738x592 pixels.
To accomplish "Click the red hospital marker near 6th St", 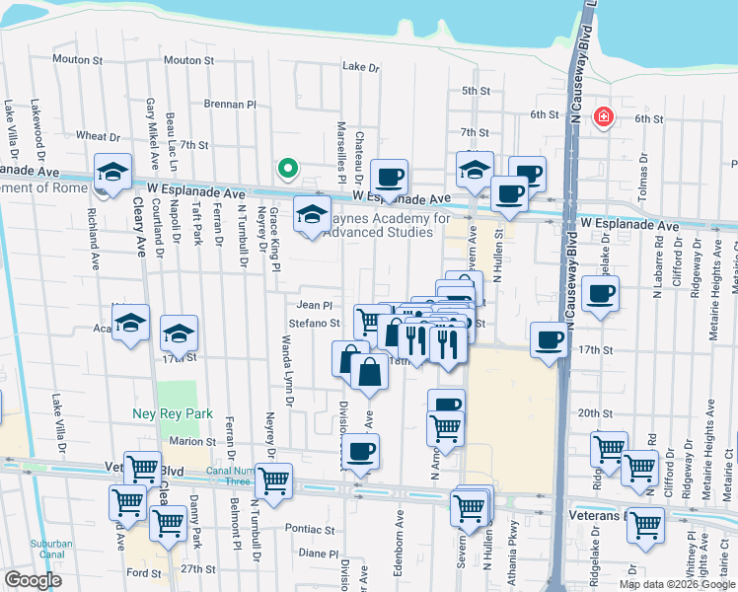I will point(601,118).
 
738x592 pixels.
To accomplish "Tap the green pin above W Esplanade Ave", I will point(287,170).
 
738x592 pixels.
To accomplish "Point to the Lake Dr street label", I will point(360,67).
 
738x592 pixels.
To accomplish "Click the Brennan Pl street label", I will point(230,104).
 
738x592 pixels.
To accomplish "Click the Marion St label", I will point(191,441).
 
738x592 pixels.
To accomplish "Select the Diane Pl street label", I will point(318,554).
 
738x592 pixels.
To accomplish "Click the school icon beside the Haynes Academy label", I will point(313,214).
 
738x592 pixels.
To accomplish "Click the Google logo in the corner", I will point(33,580).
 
